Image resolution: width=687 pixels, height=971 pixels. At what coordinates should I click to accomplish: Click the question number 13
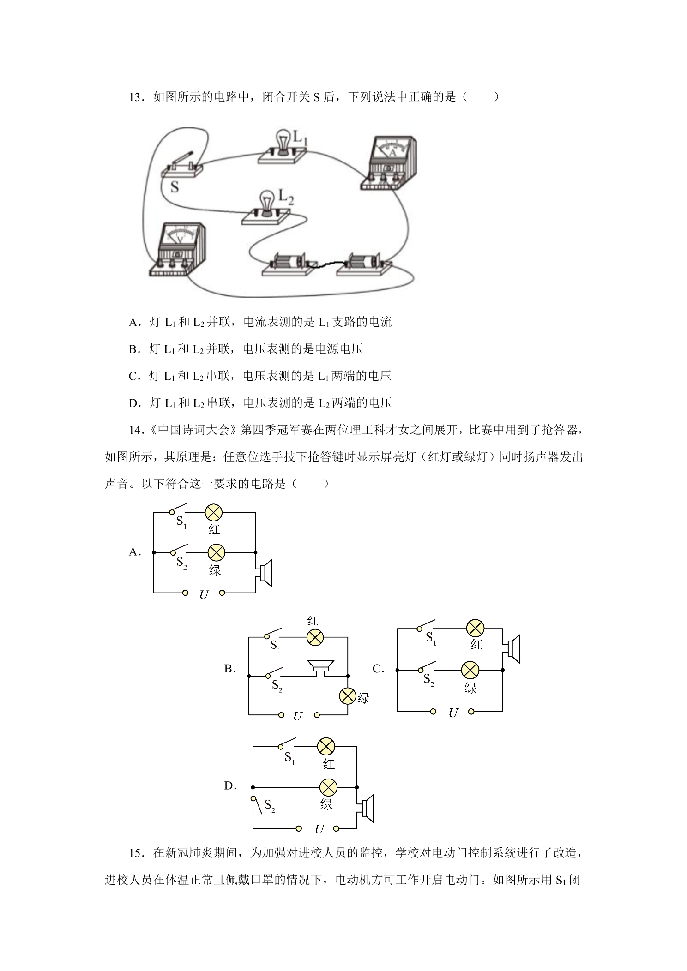136,97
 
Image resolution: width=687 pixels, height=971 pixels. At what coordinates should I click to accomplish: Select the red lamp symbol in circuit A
214,512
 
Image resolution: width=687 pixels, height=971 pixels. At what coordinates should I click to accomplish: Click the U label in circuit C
453,713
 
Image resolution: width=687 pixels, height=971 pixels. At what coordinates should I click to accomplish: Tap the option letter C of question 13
134,377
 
